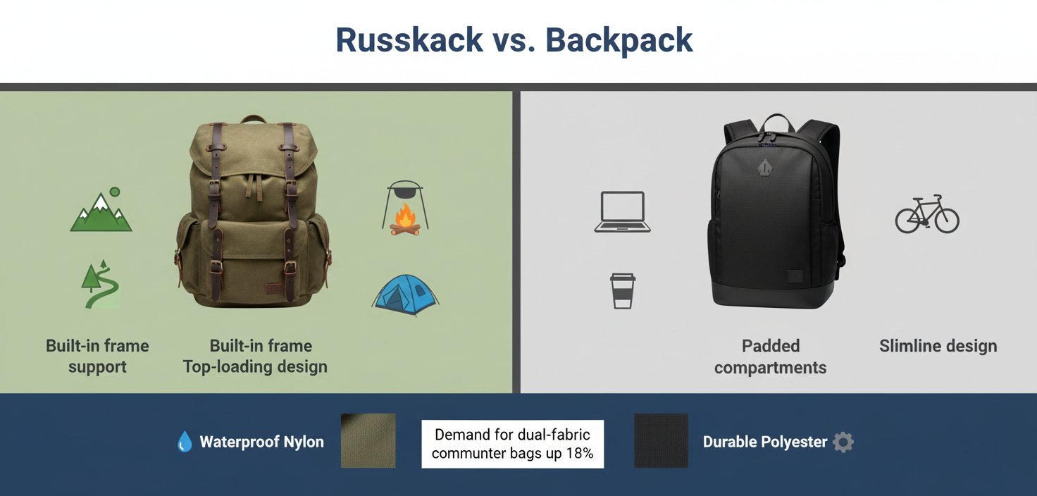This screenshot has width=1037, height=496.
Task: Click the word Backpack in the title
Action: click(x=619, y=40)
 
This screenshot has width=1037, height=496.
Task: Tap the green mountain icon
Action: click(x=101, y=211)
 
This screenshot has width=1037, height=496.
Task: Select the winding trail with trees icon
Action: click(x=100, y=285)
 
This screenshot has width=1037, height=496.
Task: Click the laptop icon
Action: click(x=622, y=212)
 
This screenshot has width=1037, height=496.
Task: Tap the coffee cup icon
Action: click(x=622, y=291)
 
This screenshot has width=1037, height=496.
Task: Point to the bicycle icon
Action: click(x=926, y=214)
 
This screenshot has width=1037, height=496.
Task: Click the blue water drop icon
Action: click(x=185, y=442)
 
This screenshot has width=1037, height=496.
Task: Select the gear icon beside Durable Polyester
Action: click(x=843, y=442)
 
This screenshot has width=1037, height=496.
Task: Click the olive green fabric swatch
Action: click(x=368, y=441)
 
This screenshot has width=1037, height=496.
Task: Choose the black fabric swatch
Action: click(x=661, y=441)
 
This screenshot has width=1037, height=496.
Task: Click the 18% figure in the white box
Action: click(x=579, y=454)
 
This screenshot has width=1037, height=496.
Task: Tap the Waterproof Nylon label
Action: click(x=261, y=442)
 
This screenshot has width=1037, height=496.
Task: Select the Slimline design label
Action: click(x=938, y=346)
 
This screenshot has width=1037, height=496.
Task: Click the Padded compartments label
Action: click(x=770, y=356)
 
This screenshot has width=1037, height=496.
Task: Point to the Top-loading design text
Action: click(x=255, y=367)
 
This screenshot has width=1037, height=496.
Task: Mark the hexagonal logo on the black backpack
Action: click(x=764, y=168)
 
